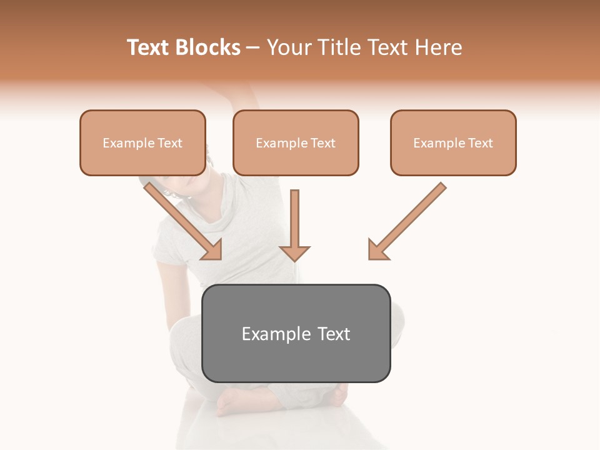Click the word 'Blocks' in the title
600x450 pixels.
pos(209,47)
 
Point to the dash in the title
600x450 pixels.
pos(253,47)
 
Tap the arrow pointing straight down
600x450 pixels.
pos(294,222)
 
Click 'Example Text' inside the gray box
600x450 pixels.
pos(296,334)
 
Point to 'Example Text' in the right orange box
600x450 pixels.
pos(453,143)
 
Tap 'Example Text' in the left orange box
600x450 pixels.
pos(142,143)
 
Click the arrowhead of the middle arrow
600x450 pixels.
pos(294,252)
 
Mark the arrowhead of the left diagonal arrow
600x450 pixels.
pos(211,249)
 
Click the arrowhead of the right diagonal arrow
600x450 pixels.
pos(377,249)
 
